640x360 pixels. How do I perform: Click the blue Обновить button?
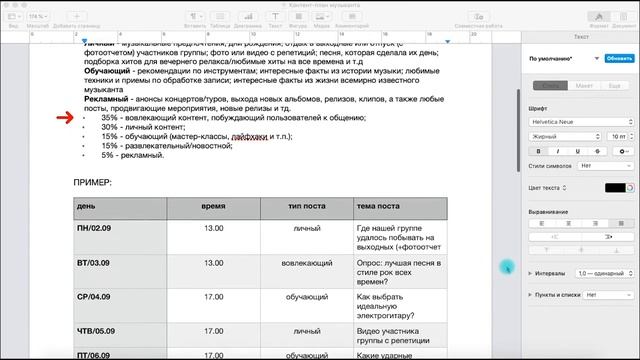pos(613,59)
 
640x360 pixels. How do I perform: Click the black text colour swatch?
pos(615,187)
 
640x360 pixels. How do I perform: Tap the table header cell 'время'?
pos(213,205)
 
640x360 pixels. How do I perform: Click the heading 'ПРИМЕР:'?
pos(93,183)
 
